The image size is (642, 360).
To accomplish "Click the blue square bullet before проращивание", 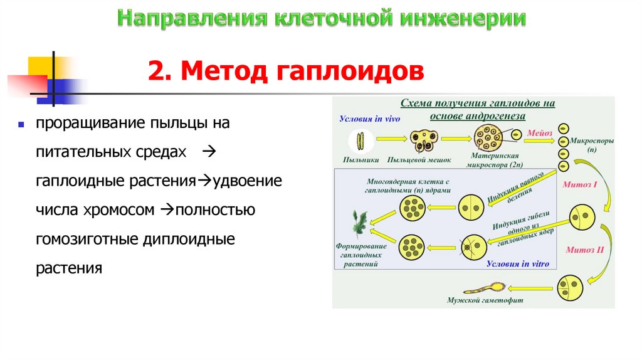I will point(21,124).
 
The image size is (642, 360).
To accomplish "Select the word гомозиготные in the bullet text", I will point(77,239).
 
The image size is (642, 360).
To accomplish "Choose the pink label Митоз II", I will point(584,249).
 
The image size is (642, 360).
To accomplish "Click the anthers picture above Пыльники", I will point(360,139).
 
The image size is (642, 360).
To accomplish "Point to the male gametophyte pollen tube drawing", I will point(486,289).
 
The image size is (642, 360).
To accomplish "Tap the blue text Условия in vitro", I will point(518,264).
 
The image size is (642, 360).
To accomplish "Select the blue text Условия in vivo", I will point(369,118).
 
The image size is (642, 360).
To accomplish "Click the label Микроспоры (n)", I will point(592,145).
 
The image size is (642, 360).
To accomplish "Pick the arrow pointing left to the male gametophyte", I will point(533,289).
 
